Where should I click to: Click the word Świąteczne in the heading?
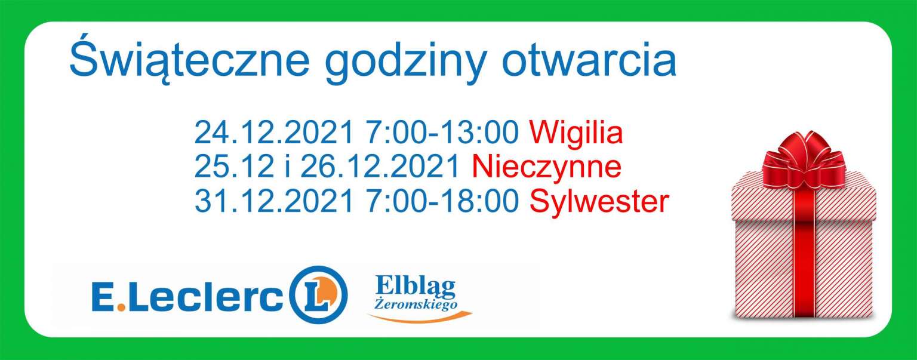[189, 60]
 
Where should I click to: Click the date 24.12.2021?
[274, 133]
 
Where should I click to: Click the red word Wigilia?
[576, 133]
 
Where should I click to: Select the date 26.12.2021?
[380, 167]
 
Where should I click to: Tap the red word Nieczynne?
[547, 167]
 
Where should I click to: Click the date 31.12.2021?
[274, 201]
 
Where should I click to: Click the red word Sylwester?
[599, 201]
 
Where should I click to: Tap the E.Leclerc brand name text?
[187, 296]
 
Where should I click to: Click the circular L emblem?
[318, 295]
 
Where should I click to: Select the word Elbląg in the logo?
[415, 288]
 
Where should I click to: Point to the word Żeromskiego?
[416, 304]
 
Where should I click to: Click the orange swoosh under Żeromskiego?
[420, 318]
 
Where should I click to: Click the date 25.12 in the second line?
[234, 167]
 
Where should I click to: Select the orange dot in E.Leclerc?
[121, 307]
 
